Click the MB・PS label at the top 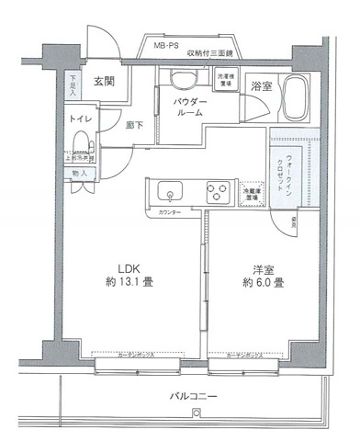click(166, 45)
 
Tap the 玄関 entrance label click(104, 82)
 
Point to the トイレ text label click(78, 119)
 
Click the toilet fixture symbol click(82, 143)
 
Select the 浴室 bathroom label click(261, 85)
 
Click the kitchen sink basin click(171, 193)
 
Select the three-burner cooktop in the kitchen click(217, 193)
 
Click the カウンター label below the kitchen click(169, 212)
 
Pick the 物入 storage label click(79, 173)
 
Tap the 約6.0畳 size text click(263, 281)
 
